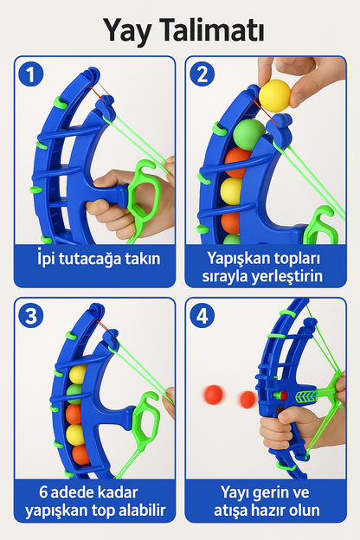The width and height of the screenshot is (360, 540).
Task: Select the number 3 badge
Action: click(x=34, y=318)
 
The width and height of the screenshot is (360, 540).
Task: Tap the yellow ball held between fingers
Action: click(x=277, y=93)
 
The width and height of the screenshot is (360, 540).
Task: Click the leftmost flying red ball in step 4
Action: click(x=212, y=395)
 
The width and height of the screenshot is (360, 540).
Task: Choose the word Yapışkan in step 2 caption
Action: click(x=236, y=257)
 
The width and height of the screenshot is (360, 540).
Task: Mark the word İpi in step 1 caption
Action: click(x=50, y=258)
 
